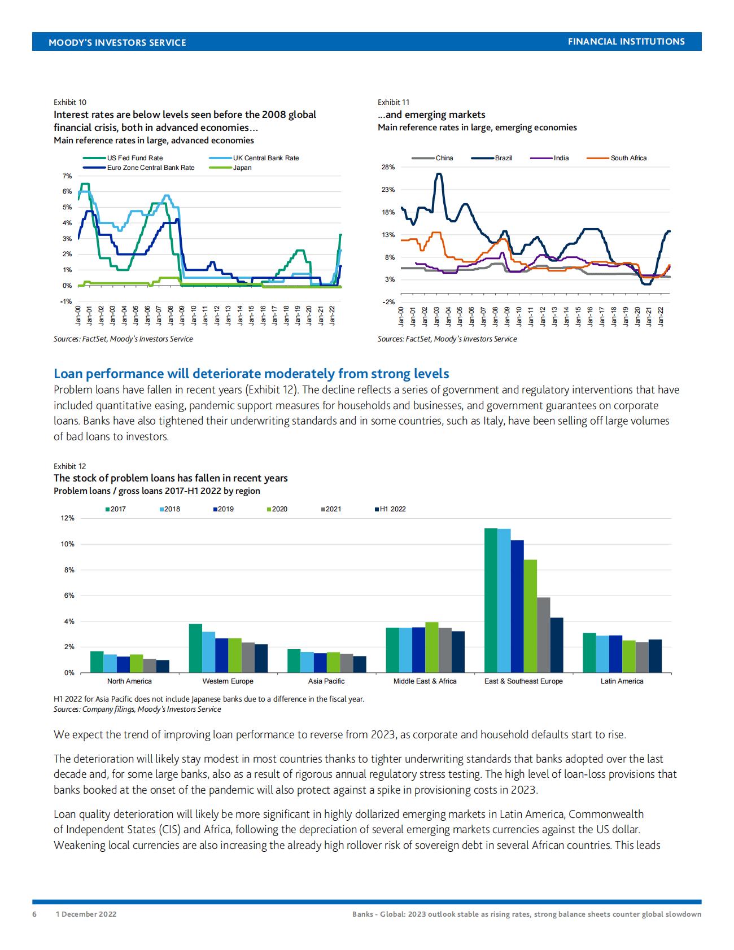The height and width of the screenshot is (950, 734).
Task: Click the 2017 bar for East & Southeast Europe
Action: point(491,601)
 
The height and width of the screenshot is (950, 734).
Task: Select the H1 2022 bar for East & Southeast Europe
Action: point(557,645)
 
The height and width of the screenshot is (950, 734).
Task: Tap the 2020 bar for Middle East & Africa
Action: point(432,647)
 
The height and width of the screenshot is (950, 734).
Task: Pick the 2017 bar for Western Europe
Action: point(195,648)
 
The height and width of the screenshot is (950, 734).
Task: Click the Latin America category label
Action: point(622,681)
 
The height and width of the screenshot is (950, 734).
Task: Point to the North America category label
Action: point(129,681)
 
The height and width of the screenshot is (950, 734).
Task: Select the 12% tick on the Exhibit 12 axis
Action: point(68,518)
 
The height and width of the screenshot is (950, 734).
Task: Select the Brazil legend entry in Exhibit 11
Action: point(503,158)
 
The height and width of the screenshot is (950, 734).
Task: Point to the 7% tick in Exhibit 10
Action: point(67,176)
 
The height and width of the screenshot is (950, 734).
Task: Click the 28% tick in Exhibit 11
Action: point(388,167)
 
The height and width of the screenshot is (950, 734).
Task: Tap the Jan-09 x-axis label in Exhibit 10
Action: point(182,316)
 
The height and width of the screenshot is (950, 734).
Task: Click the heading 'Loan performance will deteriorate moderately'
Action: point(251,374)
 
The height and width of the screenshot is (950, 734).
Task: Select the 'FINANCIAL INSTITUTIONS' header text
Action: point(626,42)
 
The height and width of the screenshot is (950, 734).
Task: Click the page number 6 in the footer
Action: point(34,914)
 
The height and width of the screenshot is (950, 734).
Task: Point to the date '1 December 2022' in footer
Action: point(86,914)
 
